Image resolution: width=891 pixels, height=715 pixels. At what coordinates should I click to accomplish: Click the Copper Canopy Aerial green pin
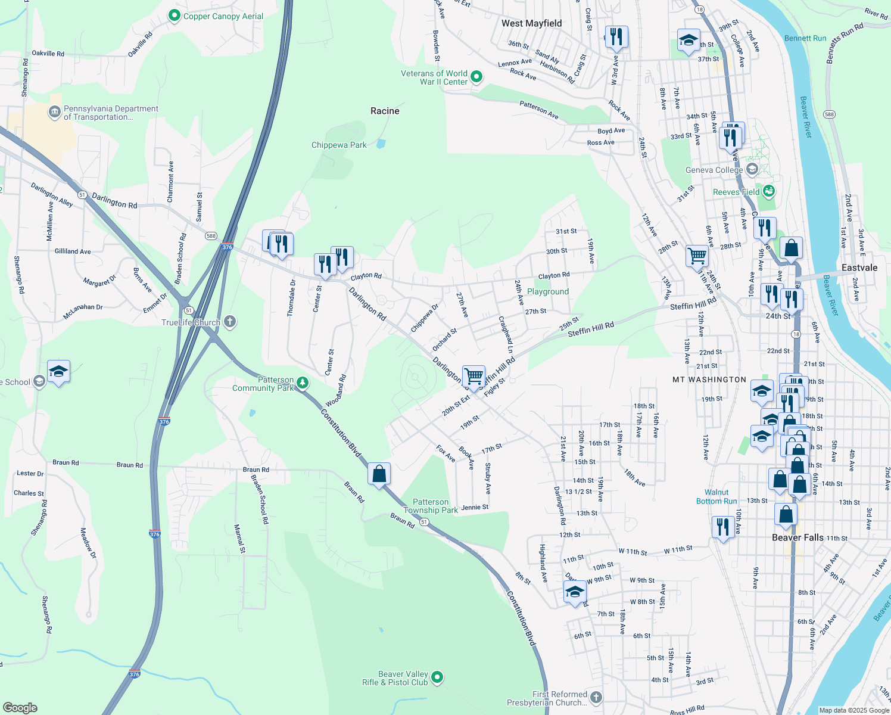175,16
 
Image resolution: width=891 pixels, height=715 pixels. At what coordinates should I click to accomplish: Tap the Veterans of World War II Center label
434,77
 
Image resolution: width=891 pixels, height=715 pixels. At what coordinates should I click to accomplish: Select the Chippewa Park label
339,145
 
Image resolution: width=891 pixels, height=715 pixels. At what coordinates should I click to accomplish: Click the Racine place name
385,111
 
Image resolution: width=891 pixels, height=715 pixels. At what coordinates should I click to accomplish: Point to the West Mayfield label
531,23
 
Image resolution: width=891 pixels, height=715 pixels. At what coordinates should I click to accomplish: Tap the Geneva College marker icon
752,170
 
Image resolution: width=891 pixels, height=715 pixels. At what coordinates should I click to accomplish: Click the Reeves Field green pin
769,191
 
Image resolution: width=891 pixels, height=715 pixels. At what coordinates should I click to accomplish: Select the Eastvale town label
859,268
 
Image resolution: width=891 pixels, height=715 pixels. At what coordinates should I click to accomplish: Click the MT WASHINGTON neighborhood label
709,380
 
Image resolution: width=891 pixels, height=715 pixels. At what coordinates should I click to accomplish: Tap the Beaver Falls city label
797,537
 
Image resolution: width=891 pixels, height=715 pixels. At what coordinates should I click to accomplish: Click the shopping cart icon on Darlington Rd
473,376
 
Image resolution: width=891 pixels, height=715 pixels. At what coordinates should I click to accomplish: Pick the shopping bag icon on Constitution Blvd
379,474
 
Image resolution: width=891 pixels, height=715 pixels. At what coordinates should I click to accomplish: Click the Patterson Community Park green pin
303,383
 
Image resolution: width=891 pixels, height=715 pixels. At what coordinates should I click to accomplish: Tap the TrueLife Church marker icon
230,322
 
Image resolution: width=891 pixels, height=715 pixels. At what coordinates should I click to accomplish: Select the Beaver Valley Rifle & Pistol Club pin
437,677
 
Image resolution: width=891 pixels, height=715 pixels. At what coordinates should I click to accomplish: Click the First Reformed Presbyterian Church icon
596,697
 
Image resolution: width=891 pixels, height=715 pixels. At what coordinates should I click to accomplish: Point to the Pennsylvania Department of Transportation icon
54,112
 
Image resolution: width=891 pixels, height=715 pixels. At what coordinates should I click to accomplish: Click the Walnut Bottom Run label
716,497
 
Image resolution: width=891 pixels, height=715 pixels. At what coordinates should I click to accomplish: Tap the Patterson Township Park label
431,506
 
